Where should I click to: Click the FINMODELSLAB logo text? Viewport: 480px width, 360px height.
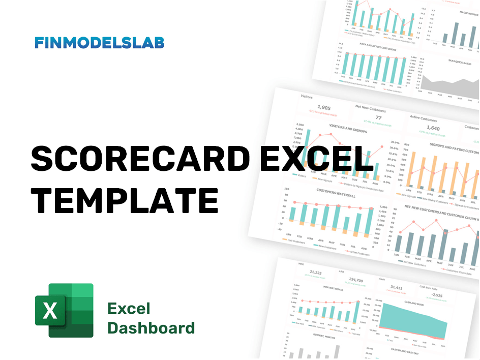(99, 43)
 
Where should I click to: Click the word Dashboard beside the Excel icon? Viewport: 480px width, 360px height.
(151, 328)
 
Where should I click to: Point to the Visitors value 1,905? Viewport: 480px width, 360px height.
(323, 107)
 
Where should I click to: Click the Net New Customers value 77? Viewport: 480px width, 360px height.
(378, 118)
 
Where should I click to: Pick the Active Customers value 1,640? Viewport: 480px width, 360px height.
(433, 128)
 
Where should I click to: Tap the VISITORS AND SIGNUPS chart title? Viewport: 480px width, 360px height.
(347, 127)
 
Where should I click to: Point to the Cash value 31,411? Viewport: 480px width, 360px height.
(396, 287)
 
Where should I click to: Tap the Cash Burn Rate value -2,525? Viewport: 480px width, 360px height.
(437, 295)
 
